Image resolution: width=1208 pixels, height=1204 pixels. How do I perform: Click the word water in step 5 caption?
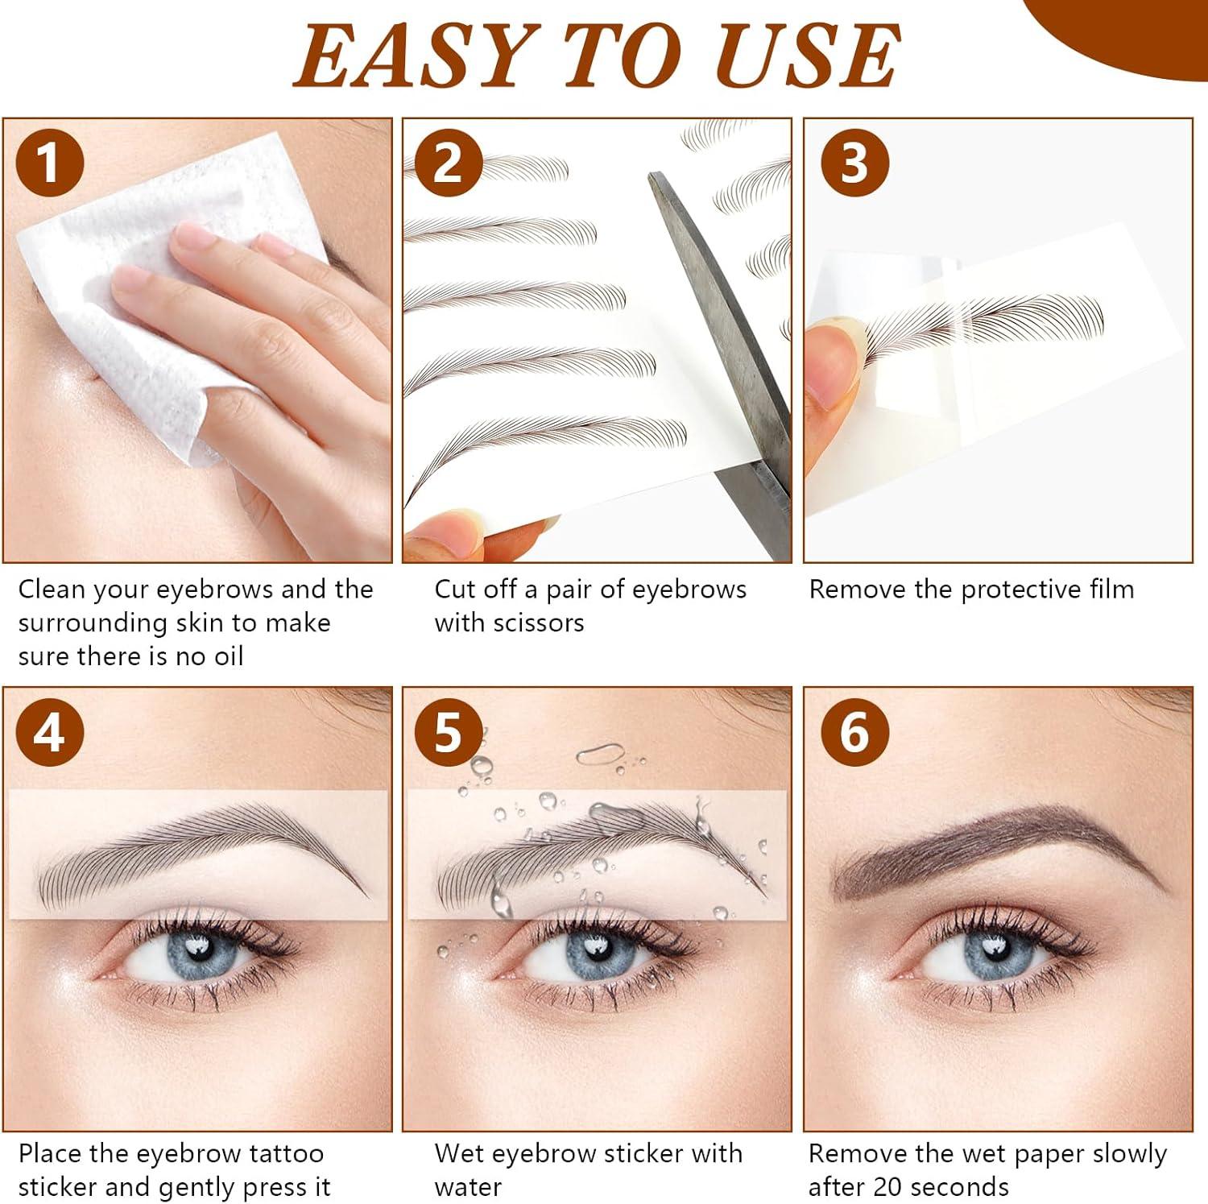click(468, 1187)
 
